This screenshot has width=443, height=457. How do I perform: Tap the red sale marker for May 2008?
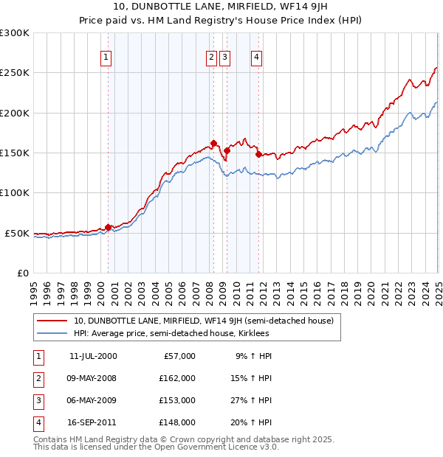(x=213, y=143)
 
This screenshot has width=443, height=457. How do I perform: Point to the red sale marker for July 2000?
(x=108, y=227)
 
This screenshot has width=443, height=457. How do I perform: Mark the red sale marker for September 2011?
(x=258, y=154)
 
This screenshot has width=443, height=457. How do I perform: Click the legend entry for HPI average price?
(x=171, y=333)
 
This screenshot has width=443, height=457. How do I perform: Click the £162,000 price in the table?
(x=176, y=378)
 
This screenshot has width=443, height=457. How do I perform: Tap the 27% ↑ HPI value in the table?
(x=251, y=400)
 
